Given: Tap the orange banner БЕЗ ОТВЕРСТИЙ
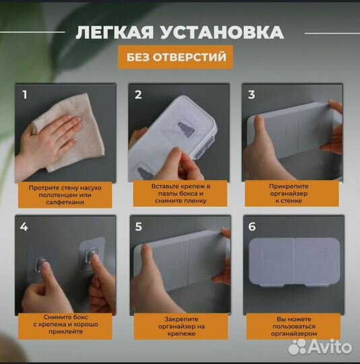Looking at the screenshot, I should pos(175,57).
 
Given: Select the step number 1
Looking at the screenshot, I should pos(25,94).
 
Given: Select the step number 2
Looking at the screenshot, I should pos(138,94).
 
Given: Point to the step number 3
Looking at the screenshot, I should pos(251,94).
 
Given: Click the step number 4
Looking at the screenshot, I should pos(25,226).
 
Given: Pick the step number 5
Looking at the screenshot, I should pos(138,226).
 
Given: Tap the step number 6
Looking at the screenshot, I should pos(251,226).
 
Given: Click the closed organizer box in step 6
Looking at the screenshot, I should pos(293,263).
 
